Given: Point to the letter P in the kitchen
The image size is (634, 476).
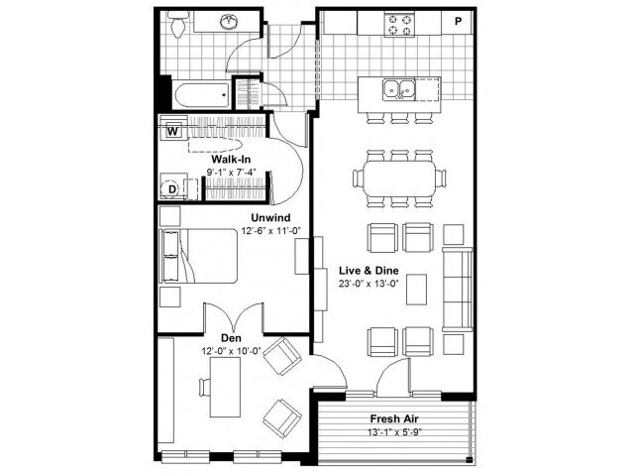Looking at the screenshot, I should [x=459, y=21].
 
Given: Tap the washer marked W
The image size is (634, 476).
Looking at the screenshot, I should [x=172, y=130].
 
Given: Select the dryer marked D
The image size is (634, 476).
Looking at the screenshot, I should [x=171, y=188].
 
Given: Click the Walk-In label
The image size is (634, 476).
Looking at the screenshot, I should [x=231, y=158].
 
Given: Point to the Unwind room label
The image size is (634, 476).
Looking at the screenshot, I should [x=269, y=216].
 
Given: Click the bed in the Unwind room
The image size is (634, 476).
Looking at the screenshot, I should [x=198, y=257].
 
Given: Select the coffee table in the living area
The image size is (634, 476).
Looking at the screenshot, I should [x=418, y=289].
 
